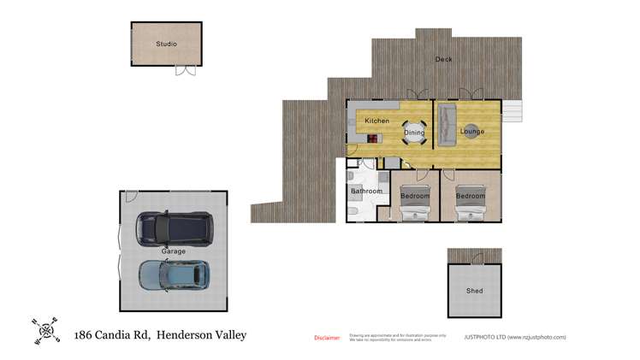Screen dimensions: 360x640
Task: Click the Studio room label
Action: tap(166, 44)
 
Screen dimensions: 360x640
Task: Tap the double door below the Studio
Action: tap(186, 70)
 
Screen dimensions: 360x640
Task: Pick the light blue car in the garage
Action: tap(174, 274)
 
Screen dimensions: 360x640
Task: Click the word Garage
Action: tap(173, 251)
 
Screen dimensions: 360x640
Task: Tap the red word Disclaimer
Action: tap(327, 338)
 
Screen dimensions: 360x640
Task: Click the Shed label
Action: tap(474, 291)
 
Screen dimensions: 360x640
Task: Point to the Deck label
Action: tap(443, 59)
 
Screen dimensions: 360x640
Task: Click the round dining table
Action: tap(413, 133)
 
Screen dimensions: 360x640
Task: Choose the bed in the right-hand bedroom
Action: tap(470, 203)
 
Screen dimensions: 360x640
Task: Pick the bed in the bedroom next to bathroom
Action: tap(415, 203)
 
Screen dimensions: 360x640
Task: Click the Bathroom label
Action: tap(366, 192)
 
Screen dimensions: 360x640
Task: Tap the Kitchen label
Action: tap(376, 121)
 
